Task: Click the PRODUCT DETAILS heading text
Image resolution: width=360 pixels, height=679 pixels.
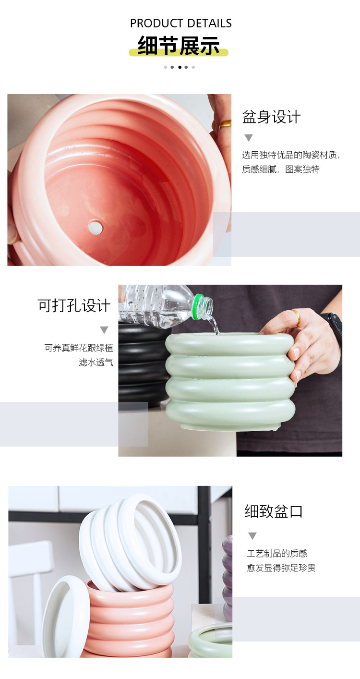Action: (x=180, y=23)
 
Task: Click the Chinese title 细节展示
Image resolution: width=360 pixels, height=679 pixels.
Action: (x=179, y=46)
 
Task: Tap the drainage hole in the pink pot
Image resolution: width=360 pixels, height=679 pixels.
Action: (x=96, y=227)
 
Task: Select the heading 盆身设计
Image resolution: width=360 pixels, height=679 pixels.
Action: (x=271, y=117)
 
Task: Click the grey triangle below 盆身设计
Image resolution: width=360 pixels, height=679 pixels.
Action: (x=248, y=138)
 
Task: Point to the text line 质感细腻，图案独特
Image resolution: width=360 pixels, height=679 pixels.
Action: (x=281, y=170)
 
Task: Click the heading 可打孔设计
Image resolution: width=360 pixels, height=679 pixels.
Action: (x=74, y=306)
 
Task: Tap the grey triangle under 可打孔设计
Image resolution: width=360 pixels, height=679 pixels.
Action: (x=104, y=330)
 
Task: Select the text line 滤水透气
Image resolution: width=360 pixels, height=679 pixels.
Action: (x=96, y=362)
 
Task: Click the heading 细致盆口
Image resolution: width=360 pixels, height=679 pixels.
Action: (x=274, y=511)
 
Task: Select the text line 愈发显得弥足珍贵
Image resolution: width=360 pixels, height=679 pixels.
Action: (x=281, y=568)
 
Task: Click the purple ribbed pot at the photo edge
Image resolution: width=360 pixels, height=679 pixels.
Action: (x=228, y=576)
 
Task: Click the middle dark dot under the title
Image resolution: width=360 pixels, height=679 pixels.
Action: (x=180, y=67)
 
